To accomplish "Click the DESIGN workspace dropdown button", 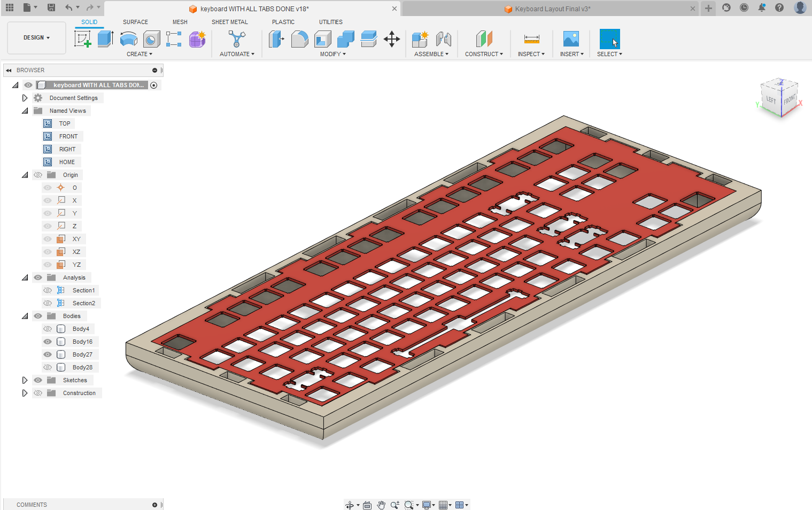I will (36, 38).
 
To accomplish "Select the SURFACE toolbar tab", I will (135, 22).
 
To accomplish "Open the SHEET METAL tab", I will (229, 22).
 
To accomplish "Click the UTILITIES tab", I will (330, 22).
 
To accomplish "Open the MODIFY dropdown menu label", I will (332, 54).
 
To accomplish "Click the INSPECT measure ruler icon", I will (531, 39).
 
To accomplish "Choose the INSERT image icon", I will (571, 39).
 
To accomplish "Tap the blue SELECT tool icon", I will (609, 39).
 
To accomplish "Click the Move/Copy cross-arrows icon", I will (392, 39).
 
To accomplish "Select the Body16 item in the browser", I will (82, 342).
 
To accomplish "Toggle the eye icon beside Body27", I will (48, 354).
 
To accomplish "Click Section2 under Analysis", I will (83, 303).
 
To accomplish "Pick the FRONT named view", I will (68, 136).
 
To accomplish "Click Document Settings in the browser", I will (73, 98).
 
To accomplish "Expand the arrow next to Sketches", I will (25, 380).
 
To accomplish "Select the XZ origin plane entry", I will (76, 252).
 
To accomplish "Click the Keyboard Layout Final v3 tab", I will (552, 9).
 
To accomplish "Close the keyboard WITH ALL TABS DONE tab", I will (395, 9).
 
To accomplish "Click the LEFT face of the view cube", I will (770, 99).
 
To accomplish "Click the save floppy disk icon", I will (51, 7).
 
